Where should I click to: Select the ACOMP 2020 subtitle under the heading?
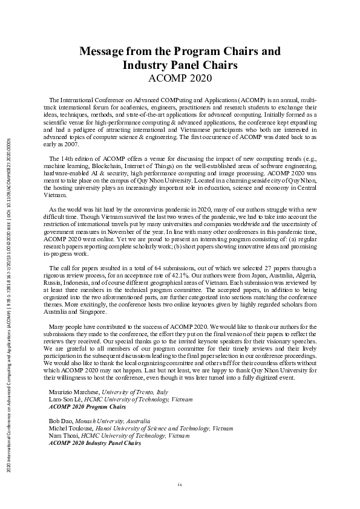click(x=180, y=78)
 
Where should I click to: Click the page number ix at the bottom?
click(x=180, y=484)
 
